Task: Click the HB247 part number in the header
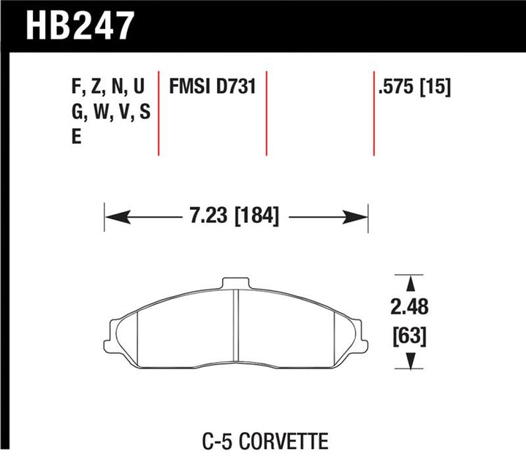point(81,25)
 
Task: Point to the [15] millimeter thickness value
point(435,88)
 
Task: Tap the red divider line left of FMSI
point(159,113)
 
